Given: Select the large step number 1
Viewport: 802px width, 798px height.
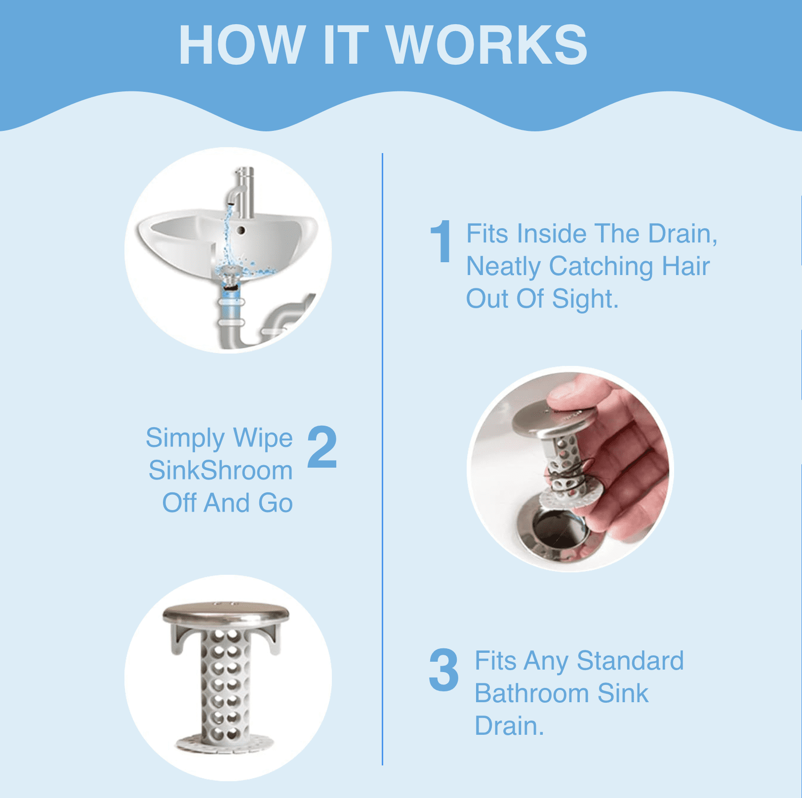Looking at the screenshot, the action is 441,241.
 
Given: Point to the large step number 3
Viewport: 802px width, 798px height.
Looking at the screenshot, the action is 443,670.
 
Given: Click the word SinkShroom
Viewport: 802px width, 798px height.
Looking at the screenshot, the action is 220,470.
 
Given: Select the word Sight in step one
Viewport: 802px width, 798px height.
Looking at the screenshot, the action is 585,299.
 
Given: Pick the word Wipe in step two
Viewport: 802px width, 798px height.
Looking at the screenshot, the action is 263,438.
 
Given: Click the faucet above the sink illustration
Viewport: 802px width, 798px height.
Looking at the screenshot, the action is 242,193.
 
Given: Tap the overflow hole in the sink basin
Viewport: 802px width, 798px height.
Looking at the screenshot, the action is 241,230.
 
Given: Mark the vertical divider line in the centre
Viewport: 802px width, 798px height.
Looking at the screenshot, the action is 382,459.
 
